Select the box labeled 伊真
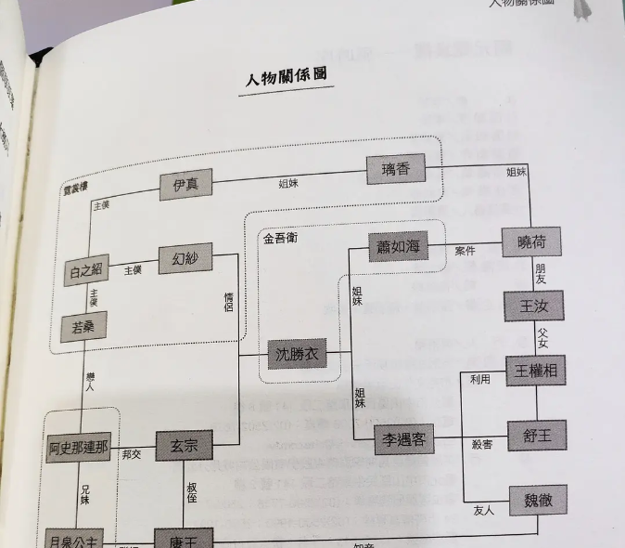(x=185, y=185)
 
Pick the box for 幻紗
(x=185, y=259)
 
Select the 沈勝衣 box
(x=297, y=354)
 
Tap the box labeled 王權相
(x=536, y=372)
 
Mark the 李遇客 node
(x=404, y=439)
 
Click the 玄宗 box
(x=184, y=448)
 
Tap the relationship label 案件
(x=465, y=251)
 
